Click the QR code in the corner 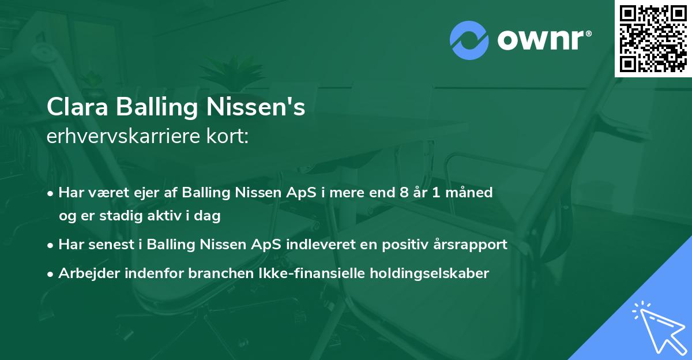click(x=653, y=39)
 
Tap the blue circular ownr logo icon click(x=469, y=40)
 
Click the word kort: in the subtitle click(x=230, y=137)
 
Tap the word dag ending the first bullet click(x=209, y=216)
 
